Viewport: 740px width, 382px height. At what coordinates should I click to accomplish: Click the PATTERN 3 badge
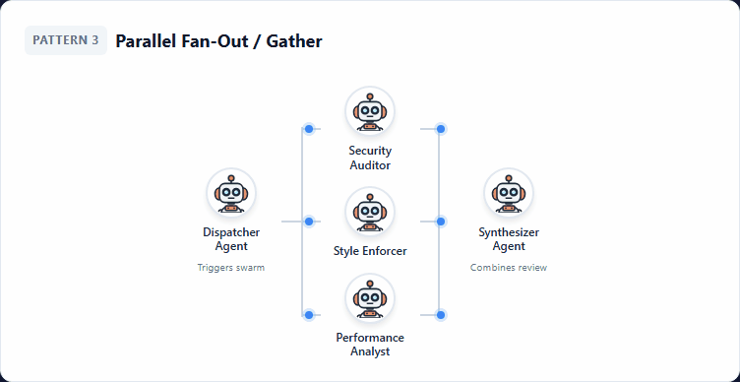(65, 40)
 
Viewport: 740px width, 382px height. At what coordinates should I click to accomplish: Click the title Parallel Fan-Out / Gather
(218, 41)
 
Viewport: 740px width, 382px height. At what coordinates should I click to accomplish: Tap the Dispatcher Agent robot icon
(231, 193)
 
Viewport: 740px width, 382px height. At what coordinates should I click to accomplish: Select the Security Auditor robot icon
(370, 111)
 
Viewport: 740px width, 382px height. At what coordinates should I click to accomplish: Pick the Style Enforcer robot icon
(370, 212)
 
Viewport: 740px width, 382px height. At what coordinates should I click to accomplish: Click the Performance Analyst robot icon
(370, 298)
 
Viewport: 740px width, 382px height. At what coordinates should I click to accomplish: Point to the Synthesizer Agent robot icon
(509, 193)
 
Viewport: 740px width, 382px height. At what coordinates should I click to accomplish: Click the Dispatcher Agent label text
(231, 239)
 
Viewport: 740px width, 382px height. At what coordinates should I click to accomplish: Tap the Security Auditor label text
(370, 158)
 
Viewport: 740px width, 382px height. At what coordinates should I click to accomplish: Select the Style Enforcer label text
(370, 251)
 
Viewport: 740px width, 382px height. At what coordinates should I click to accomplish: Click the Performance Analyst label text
(370, 345)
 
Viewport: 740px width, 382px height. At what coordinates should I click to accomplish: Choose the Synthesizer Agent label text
(509, 239)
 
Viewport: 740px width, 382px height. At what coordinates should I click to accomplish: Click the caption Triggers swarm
(231, 268)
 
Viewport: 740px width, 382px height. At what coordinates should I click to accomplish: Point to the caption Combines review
(509, 268)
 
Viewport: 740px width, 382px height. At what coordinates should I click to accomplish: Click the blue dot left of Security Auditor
(309, 129)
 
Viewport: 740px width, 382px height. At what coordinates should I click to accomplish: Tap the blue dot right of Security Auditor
(441, 129)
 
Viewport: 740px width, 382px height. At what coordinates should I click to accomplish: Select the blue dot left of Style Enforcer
(309, 222)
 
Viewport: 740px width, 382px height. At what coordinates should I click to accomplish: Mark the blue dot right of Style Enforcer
(441, 222)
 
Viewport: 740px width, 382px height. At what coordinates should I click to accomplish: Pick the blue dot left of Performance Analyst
(309, 315)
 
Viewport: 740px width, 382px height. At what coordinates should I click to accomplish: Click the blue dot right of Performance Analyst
(441, 315)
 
